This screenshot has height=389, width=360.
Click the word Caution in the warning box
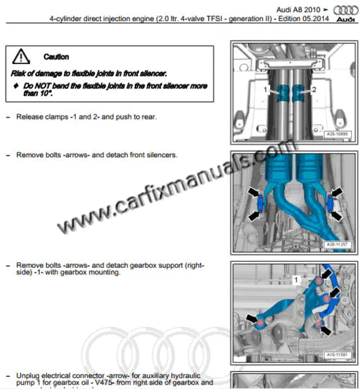tap(56, 56)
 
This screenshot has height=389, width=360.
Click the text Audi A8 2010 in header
tap(297, 6)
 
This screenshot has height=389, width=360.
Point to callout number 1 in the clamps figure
tap(266, 89)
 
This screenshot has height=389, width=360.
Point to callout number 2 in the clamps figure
tap(314, 89)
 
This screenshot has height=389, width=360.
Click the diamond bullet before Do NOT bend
tap(16, 85)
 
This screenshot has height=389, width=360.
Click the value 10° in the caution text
tap(45, 93)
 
